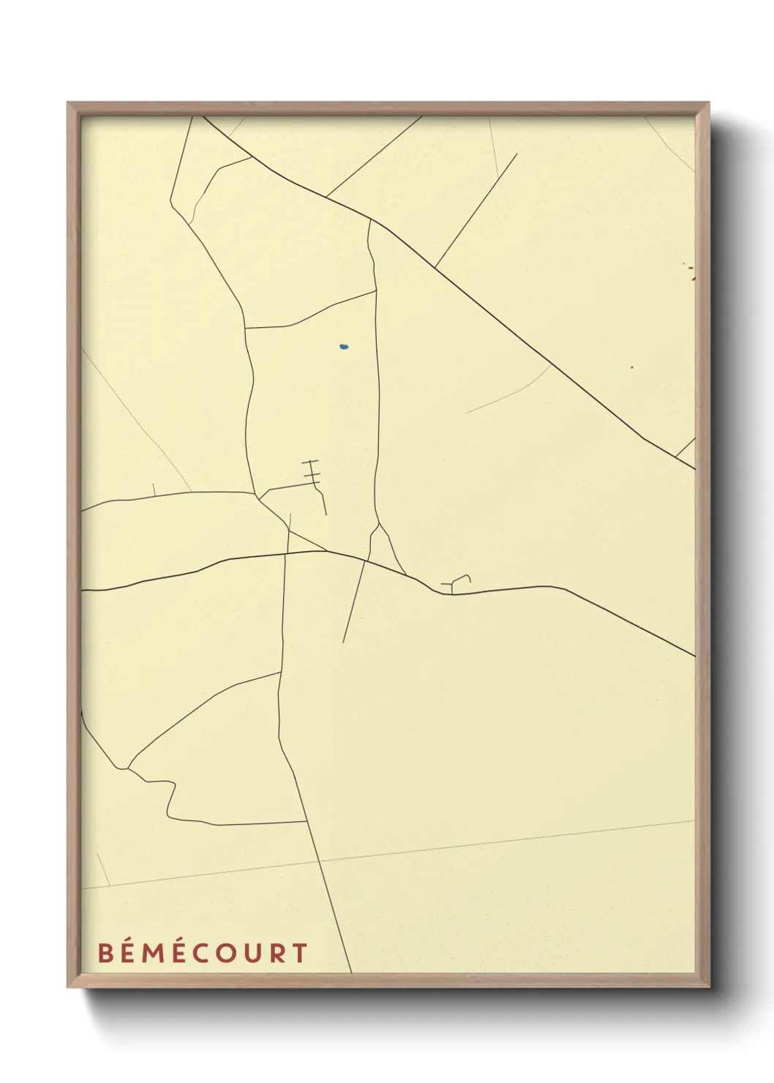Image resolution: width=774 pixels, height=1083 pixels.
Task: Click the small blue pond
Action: (343, 346)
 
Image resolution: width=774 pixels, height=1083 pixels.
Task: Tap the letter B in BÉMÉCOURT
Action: (106, 953)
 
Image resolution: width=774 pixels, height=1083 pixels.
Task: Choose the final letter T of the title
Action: (298, 953)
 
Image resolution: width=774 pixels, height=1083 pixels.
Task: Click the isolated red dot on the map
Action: (632, 367)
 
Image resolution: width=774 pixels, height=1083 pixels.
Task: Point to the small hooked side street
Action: (458, 582)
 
